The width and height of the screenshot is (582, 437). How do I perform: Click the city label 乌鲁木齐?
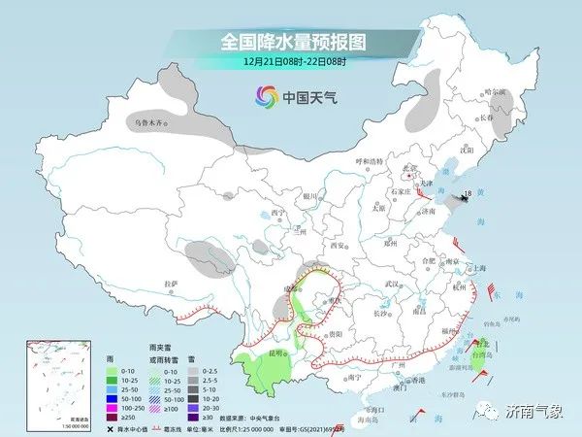[149, 123]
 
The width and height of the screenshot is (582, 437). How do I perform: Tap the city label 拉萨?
[172, 283]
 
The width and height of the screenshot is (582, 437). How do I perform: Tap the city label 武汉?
[392, 283]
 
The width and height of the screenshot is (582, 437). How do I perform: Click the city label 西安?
[339, 246]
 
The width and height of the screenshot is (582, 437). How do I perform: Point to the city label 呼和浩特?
[370, 160]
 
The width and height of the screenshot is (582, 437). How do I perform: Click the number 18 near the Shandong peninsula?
[468, 195]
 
